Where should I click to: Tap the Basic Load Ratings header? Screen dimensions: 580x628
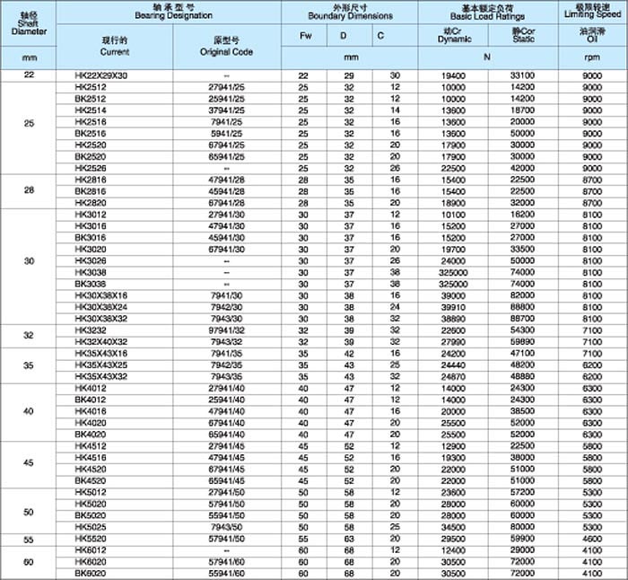487,13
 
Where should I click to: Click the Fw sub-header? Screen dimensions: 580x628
303,36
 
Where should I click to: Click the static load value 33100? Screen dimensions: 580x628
522,75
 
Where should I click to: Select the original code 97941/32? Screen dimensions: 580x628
226,330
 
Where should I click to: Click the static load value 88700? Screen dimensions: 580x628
522,318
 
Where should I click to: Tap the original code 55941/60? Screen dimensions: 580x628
226,572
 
